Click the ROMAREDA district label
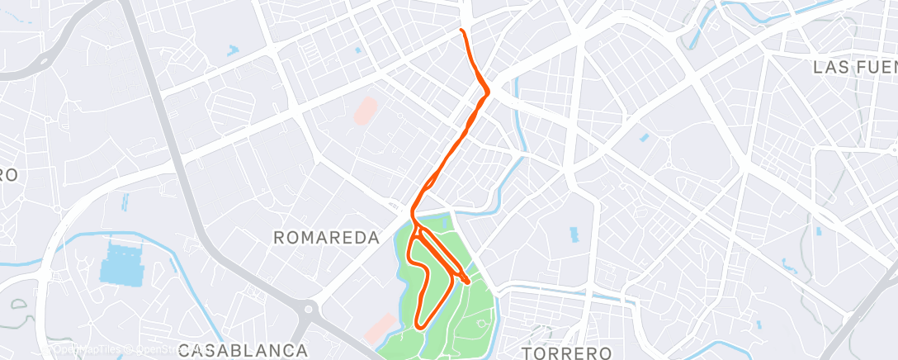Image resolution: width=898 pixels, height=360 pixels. click(326, 238)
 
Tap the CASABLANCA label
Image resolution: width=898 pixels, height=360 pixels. click(243, 350)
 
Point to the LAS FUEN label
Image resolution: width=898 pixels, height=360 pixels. click(854, 67)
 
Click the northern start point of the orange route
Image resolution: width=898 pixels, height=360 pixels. click(461, 31)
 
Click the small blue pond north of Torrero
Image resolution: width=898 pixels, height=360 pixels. click(574, 235)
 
